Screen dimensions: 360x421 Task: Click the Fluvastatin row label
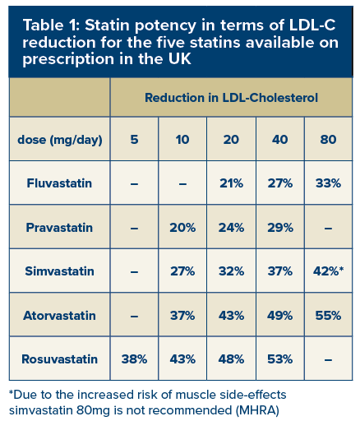(x=59, y=183)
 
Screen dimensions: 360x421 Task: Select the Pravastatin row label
(x=59, y=228)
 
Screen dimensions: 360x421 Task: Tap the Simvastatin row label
(x=59, y=271)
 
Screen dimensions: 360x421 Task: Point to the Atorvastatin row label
(x=59, y=316)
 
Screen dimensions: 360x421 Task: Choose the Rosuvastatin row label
(x=59, y=359)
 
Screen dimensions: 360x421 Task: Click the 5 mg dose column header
(x=134, y=139)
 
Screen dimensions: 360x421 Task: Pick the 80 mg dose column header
(x=328, y=139)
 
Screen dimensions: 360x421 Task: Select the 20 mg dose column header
(x=231, y=139)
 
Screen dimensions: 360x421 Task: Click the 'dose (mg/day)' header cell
(x=60, y=140)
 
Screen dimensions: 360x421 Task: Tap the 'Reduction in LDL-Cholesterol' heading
(x=231, y=98)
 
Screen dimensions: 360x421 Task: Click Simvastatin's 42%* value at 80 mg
(x=328, y=271)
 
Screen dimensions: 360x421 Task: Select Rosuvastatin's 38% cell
(x=134, y=359)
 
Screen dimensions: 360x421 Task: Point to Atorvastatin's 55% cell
(x=328, y=316)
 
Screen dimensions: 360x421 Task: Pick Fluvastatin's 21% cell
(x=231, y=183)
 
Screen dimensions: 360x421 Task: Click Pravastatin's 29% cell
(x=280, y=228)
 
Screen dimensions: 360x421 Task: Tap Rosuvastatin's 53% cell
(x=280, y=359)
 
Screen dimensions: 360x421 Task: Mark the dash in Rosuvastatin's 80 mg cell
(x=328, y=359)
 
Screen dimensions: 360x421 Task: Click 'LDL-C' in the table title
(x=312, y=25)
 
